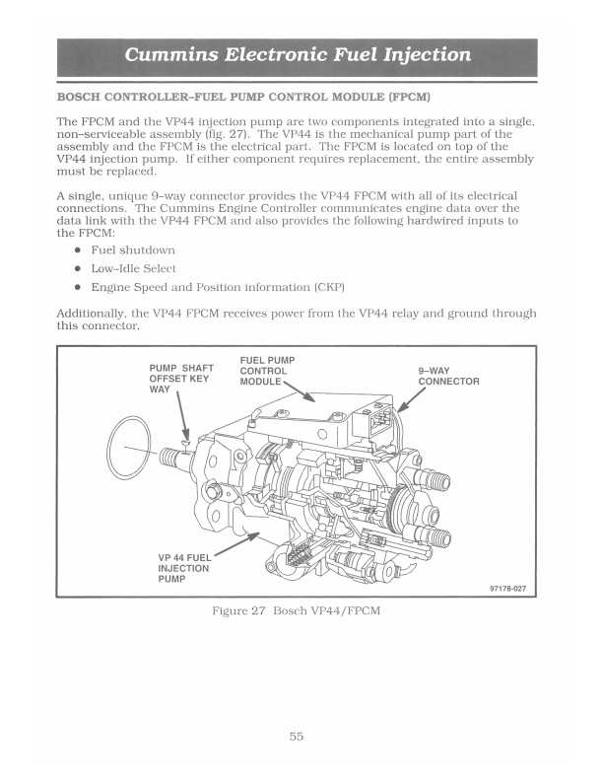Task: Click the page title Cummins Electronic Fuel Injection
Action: pos(298,54)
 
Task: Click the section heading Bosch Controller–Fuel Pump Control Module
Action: pos(243,99)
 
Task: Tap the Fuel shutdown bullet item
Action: pos(133,250)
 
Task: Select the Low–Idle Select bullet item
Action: pos(134,268)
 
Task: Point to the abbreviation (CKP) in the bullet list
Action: pos(329,287)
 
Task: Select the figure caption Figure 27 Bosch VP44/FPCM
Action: pos(297,611)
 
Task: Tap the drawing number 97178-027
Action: pos(508,589)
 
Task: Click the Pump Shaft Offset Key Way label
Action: pos(181,379)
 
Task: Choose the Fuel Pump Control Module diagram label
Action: pos(267,371)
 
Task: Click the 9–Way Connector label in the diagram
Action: pos(448,376)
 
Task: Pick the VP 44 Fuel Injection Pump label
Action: pos(184,568)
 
